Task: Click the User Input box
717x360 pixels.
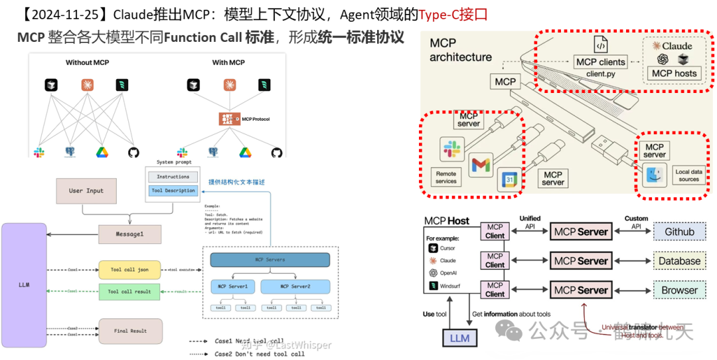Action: (x=86, y=191)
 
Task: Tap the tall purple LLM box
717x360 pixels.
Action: (x=24, y=286)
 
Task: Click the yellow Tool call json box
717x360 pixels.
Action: (x=129, y=270)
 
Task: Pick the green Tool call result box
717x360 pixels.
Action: (x=129, y=292)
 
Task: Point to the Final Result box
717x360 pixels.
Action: (x=129, y=331)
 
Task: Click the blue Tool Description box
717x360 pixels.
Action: (x=173, y=191)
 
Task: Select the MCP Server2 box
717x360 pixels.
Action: (x=295, y=286)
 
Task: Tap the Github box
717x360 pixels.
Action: (x=679, y=232)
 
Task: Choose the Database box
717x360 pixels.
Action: (x=679, y=261)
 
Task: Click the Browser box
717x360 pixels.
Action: (x=679, y=290)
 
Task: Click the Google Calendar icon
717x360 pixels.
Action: (x=507, y=178)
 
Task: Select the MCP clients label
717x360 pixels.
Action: (x=600, y=62)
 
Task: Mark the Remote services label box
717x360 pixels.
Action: (x=446, y=177)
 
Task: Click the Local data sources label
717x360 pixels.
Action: (x=688, y=175)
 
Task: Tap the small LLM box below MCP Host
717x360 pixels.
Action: (x=459, y=337)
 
